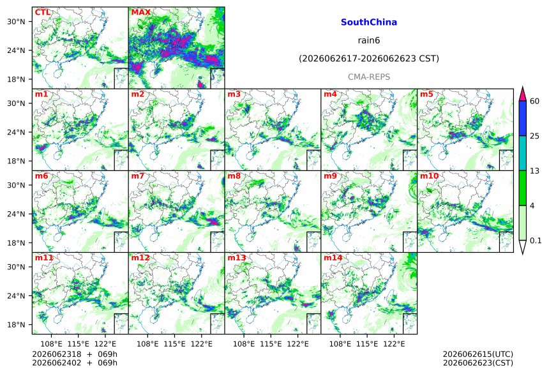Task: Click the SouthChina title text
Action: (369, 22)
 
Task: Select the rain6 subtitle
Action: (369, 40)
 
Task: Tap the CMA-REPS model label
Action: (369, 77)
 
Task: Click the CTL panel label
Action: (42, 13)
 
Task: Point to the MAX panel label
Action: (140, 13)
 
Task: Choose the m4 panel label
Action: (330, 94)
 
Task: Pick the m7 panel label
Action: (138, 176)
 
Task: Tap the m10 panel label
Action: (429, 176)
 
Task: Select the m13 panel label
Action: (237, 258)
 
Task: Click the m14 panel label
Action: (333, 258)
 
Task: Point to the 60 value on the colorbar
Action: (535, 101)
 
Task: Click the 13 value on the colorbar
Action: (535, 171)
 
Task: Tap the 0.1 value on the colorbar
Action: (536, 241)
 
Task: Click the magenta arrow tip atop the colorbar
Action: (523, 87)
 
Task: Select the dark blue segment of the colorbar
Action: (523, 118)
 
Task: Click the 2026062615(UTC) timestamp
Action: (478, 354)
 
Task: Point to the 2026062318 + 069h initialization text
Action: (75, 354)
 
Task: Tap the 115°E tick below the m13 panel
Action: (271, 344)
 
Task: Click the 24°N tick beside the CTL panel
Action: (16, 50)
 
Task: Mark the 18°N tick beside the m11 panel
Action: (16, 325)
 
